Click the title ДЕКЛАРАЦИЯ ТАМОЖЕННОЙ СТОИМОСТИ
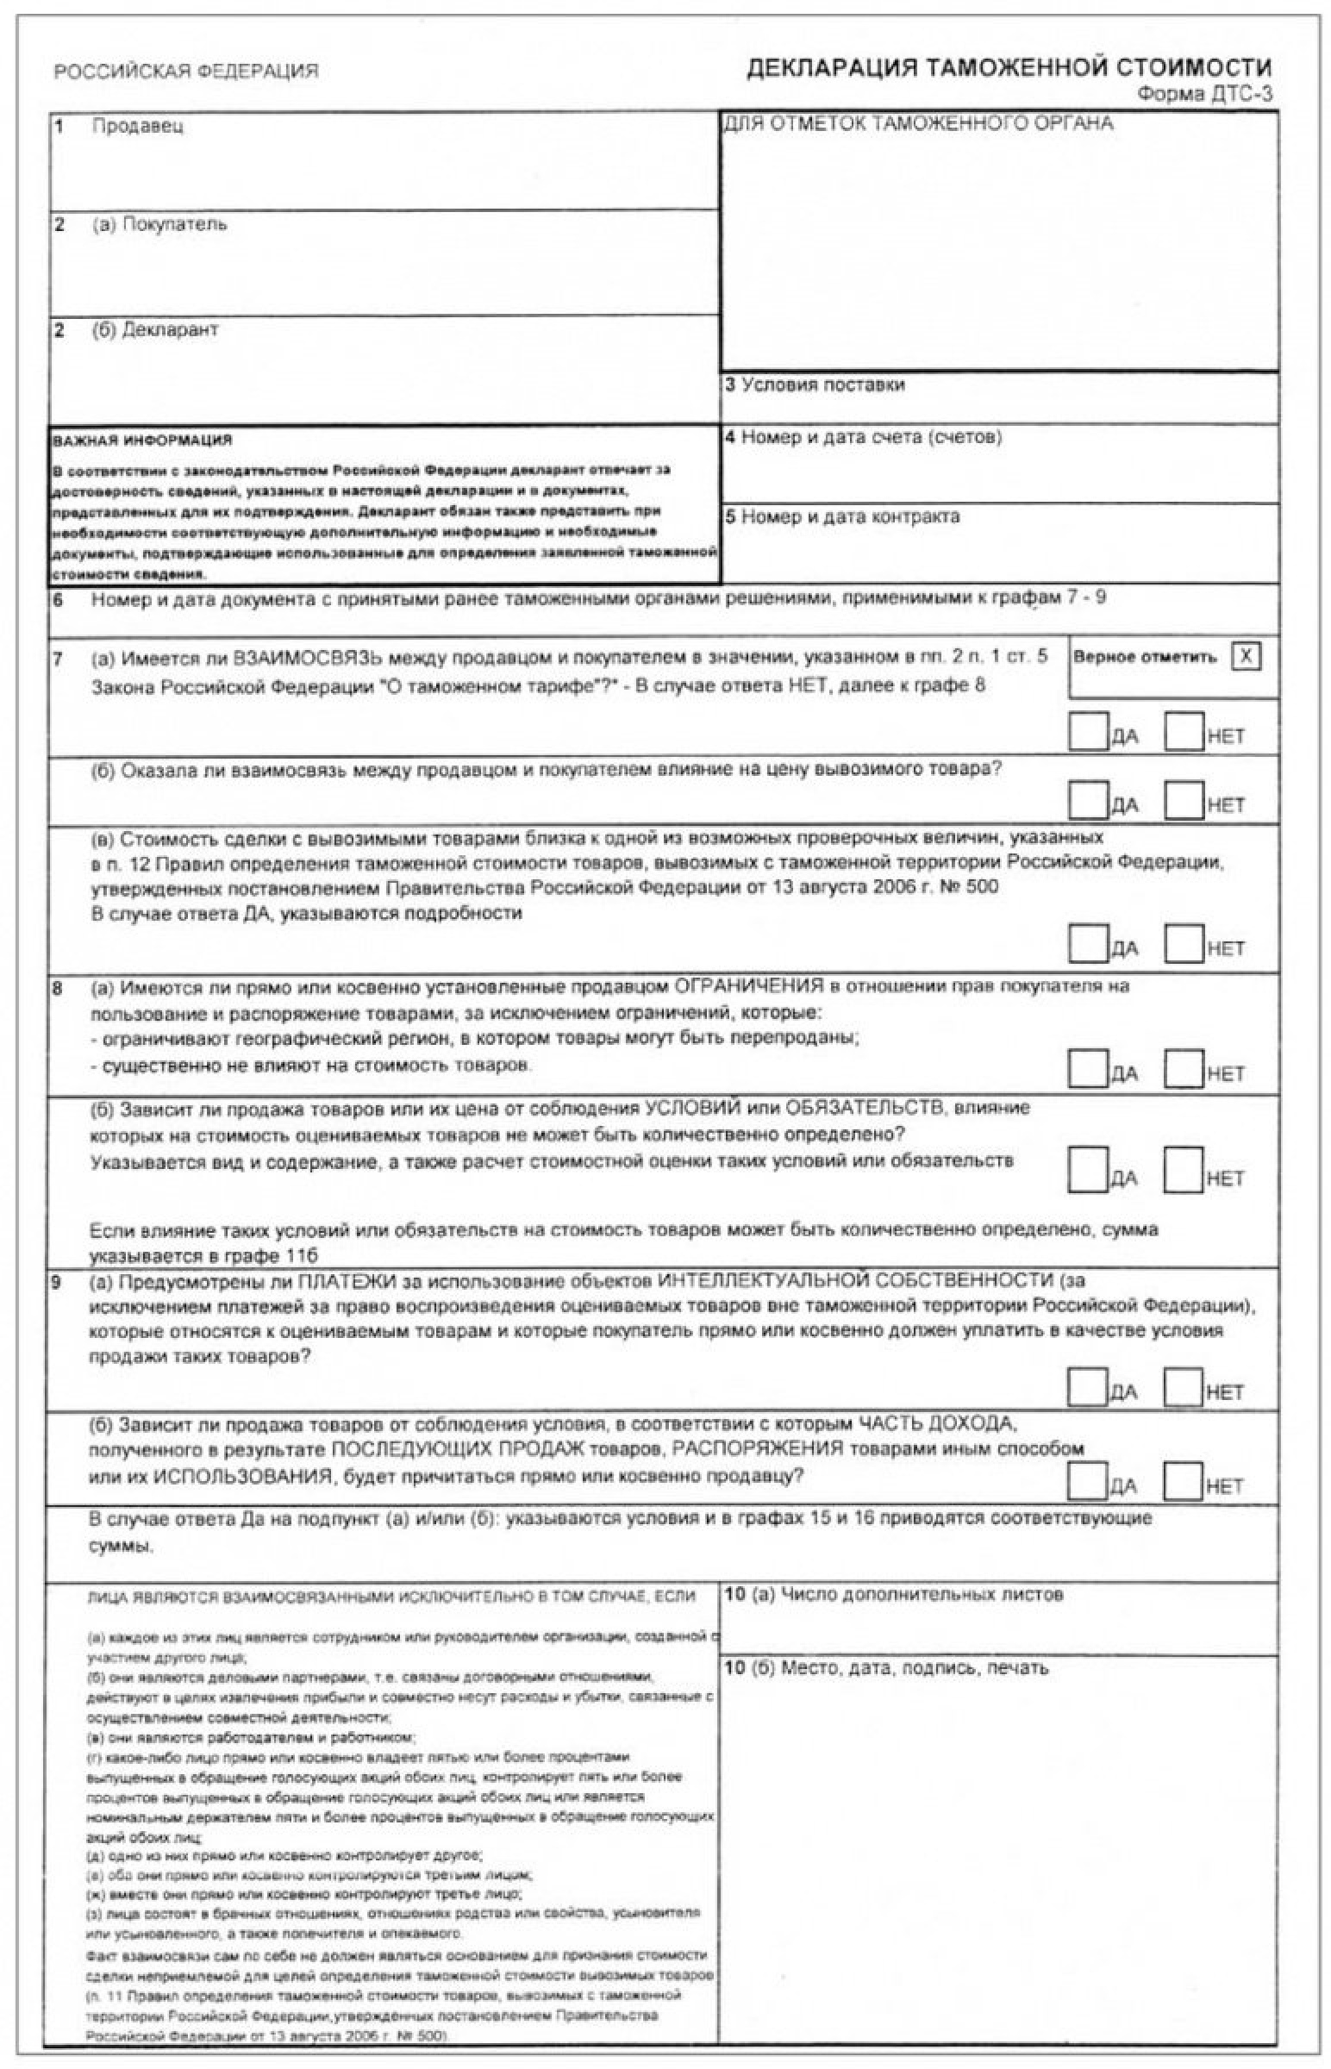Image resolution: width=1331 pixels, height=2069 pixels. point(1009,68)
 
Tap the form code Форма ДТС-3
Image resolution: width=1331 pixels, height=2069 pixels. point(1204,94)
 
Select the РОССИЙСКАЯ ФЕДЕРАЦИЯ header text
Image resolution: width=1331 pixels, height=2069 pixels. point(186,72)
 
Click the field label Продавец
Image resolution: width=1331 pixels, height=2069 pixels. point(137,126)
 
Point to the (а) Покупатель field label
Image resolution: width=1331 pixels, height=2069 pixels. point(159,225)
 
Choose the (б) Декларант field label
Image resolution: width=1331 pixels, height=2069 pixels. point(155,330)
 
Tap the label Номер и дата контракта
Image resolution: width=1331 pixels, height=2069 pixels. point(851,516)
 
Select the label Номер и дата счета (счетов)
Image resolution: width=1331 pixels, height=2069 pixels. point(872,437)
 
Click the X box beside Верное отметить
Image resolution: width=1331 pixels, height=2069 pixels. point(1246,657)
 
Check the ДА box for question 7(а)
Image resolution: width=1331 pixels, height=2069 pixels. point(1087,731)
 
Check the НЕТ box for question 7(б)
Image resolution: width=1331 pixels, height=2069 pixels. point(1184,799)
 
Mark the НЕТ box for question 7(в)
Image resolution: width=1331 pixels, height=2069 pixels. point(1184,943)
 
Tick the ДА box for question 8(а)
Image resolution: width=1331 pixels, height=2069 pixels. point(1087,1068)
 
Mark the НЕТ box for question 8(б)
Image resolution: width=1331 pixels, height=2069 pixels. point(1184,1170)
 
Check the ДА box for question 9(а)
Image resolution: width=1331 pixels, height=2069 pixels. point(1087,1386)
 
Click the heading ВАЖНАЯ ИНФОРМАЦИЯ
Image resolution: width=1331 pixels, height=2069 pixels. point(142,441)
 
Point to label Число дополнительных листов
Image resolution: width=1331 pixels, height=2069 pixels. point(922,1595)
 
